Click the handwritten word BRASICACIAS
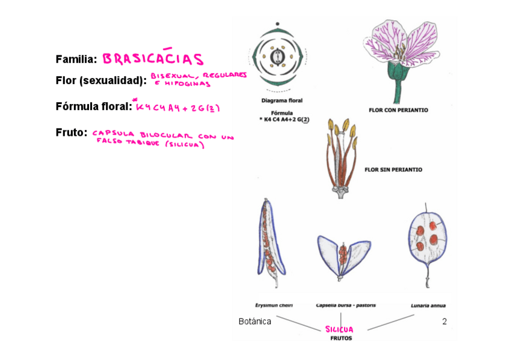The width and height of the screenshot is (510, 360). tap(153, 59)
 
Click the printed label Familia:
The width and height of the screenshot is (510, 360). tap(76, 59)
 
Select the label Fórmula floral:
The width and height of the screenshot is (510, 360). tap(93, 106)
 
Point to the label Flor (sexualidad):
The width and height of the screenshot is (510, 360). tap(101, 81)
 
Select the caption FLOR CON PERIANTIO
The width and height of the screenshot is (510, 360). tap(398, 110)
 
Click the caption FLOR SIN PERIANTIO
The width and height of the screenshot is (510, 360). tap(393, 169)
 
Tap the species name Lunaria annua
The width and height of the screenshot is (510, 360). tap(428, 305)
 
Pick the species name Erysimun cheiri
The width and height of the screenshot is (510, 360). tap(274, 305)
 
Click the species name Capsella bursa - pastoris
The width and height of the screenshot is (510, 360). tap(346, 305)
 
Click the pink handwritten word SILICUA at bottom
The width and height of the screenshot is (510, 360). tap(339, 329)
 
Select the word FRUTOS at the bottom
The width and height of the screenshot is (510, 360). tap(341, 338)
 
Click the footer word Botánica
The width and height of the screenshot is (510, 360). tap(254, 322)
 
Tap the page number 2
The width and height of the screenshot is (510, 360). tap(444, 322)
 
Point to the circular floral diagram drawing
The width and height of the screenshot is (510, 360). tap(277, 58)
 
